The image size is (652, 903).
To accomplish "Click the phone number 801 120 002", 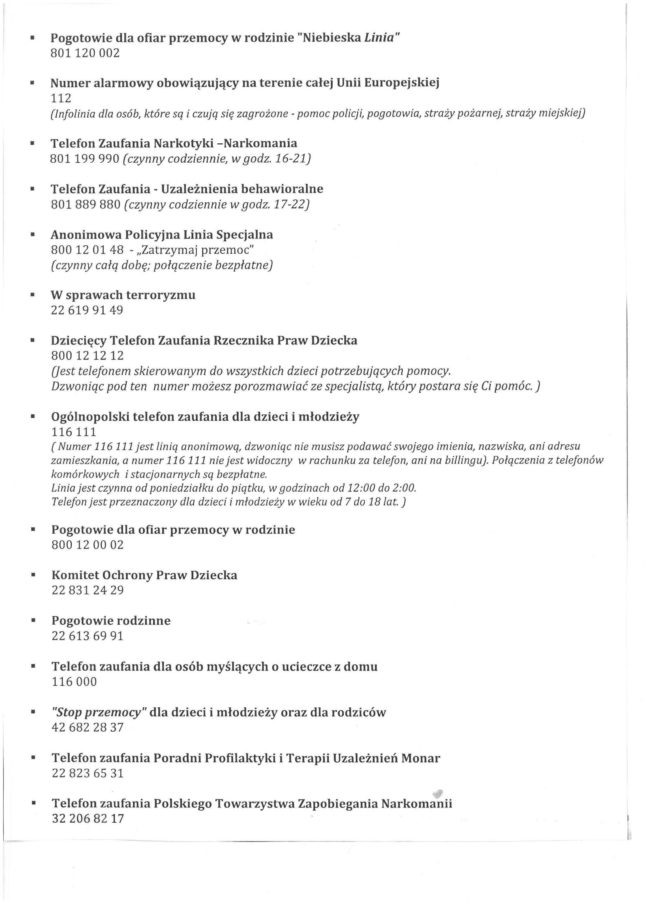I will [x=85, y=53].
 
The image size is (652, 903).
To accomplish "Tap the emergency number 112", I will [x=61, y=98].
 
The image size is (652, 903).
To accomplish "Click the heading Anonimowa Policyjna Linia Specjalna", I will [x=162, y=235].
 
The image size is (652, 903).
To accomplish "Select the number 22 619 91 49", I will [x=87, y=310].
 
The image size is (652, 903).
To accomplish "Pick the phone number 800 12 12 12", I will [x=87, y=355].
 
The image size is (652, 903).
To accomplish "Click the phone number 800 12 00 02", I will [x=87, y=545].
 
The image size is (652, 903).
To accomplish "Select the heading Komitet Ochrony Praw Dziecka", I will [x=144, y=575].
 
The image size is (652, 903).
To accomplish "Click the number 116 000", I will [x=74, y=681].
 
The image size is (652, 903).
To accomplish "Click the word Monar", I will [x=420, y=758].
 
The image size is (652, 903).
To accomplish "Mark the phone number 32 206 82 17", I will [x=88, y=819].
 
